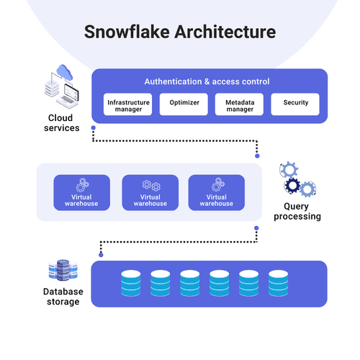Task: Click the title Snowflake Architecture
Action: [180, 32]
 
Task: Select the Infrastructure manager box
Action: [128, 104]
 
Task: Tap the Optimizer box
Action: [184, 104]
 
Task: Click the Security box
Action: [294, 104]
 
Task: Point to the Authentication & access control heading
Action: [207, 81]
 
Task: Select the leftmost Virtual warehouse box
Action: [82, 192]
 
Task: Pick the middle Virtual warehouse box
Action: [150, 192]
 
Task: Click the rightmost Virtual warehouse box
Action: [216, 192]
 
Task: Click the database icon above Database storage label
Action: [62, 271]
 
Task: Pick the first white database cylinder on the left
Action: [131, 284]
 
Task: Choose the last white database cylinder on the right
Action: [278, 284]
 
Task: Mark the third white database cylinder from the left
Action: [190, 284]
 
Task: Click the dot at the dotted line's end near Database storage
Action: [102, 255]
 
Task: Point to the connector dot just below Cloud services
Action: [93, 128]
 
